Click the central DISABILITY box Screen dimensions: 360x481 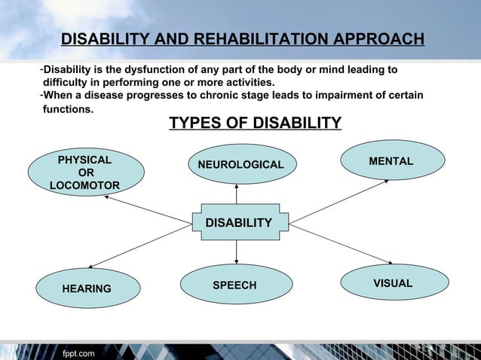click(x=239, y=222)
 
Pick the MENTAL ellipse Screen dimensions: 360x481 click(x=391, y=161)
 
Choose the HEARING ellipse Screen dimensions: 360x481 click(x=86, y=288)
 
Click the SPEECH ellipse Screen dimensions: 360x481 click(x=234, y=285)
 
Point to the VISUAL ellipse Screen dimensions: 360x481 click(x=393, y=283)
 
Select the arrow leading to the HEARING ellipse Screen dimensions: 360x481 click(x=139, y=245)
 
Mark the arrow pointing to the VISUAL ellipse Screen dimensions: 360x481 click(x=342, y=243)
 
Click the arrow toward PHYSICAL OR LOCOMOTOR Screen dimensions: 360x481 click(x=147, y=209)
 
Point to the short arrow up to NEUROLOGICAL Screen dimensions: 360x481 click(x=237, y=194)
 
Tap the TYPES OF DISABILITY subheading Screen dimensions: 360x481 click(x=255, y=123)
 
